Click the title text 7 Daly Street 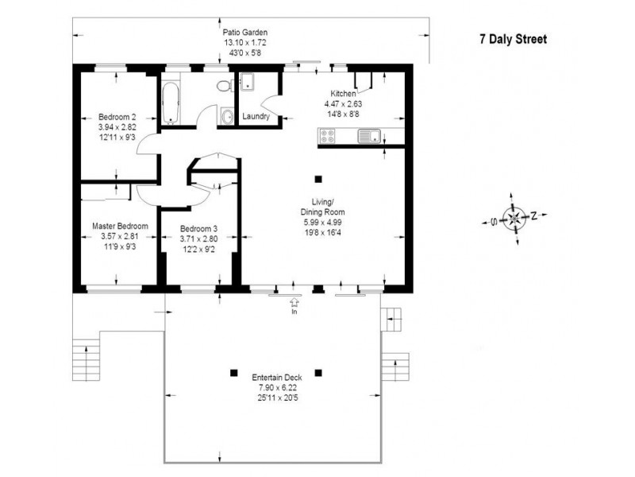coord(513,38)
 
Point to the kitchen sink coord(369,137)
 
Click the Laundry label coord(256,117)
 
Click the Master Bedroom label coord(120,227)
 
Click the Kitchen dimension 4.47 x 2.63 coord(344,103)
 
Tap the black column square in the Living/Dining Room coord(318,179)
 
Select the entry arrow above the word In coord(295,302)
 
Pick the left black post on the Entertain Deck coord(233,372)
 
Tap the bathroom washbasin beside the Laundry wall coord(227,117)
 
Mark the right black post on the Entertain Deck coord(318,372)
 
